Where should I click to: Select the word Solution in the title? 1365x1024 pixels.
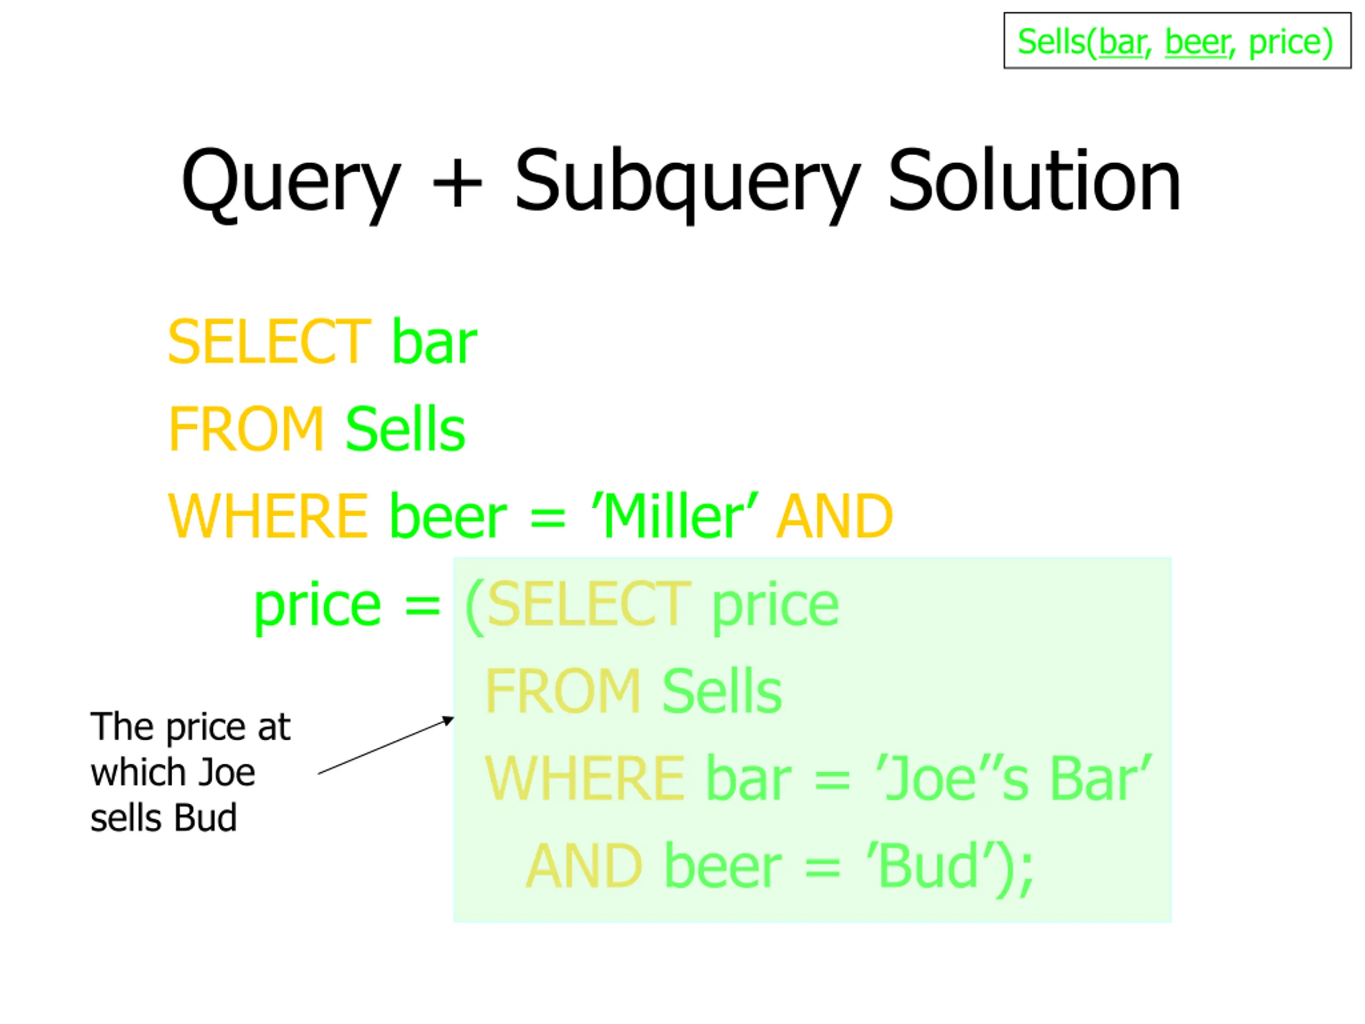point(1034,181)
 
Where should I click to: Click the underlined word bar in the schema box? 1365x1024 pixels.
point(1122,42)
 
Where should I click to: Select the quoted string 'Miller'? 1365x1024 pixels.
point(675,516)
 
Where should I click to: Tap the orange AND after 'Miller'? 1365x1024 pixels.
point(834,516)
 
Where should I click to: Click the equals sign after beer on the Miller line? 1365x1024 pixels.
point(548,517)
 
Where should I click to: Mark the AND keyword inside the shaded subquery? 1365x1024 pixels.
point(584,866)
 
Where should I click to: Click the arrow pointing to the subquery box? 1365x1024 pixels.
point(386,745)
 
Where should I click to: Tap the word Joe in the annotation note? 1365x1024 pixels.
point(227,772)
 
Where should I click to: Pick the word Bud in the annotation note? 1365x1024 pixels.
point(205,818)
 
